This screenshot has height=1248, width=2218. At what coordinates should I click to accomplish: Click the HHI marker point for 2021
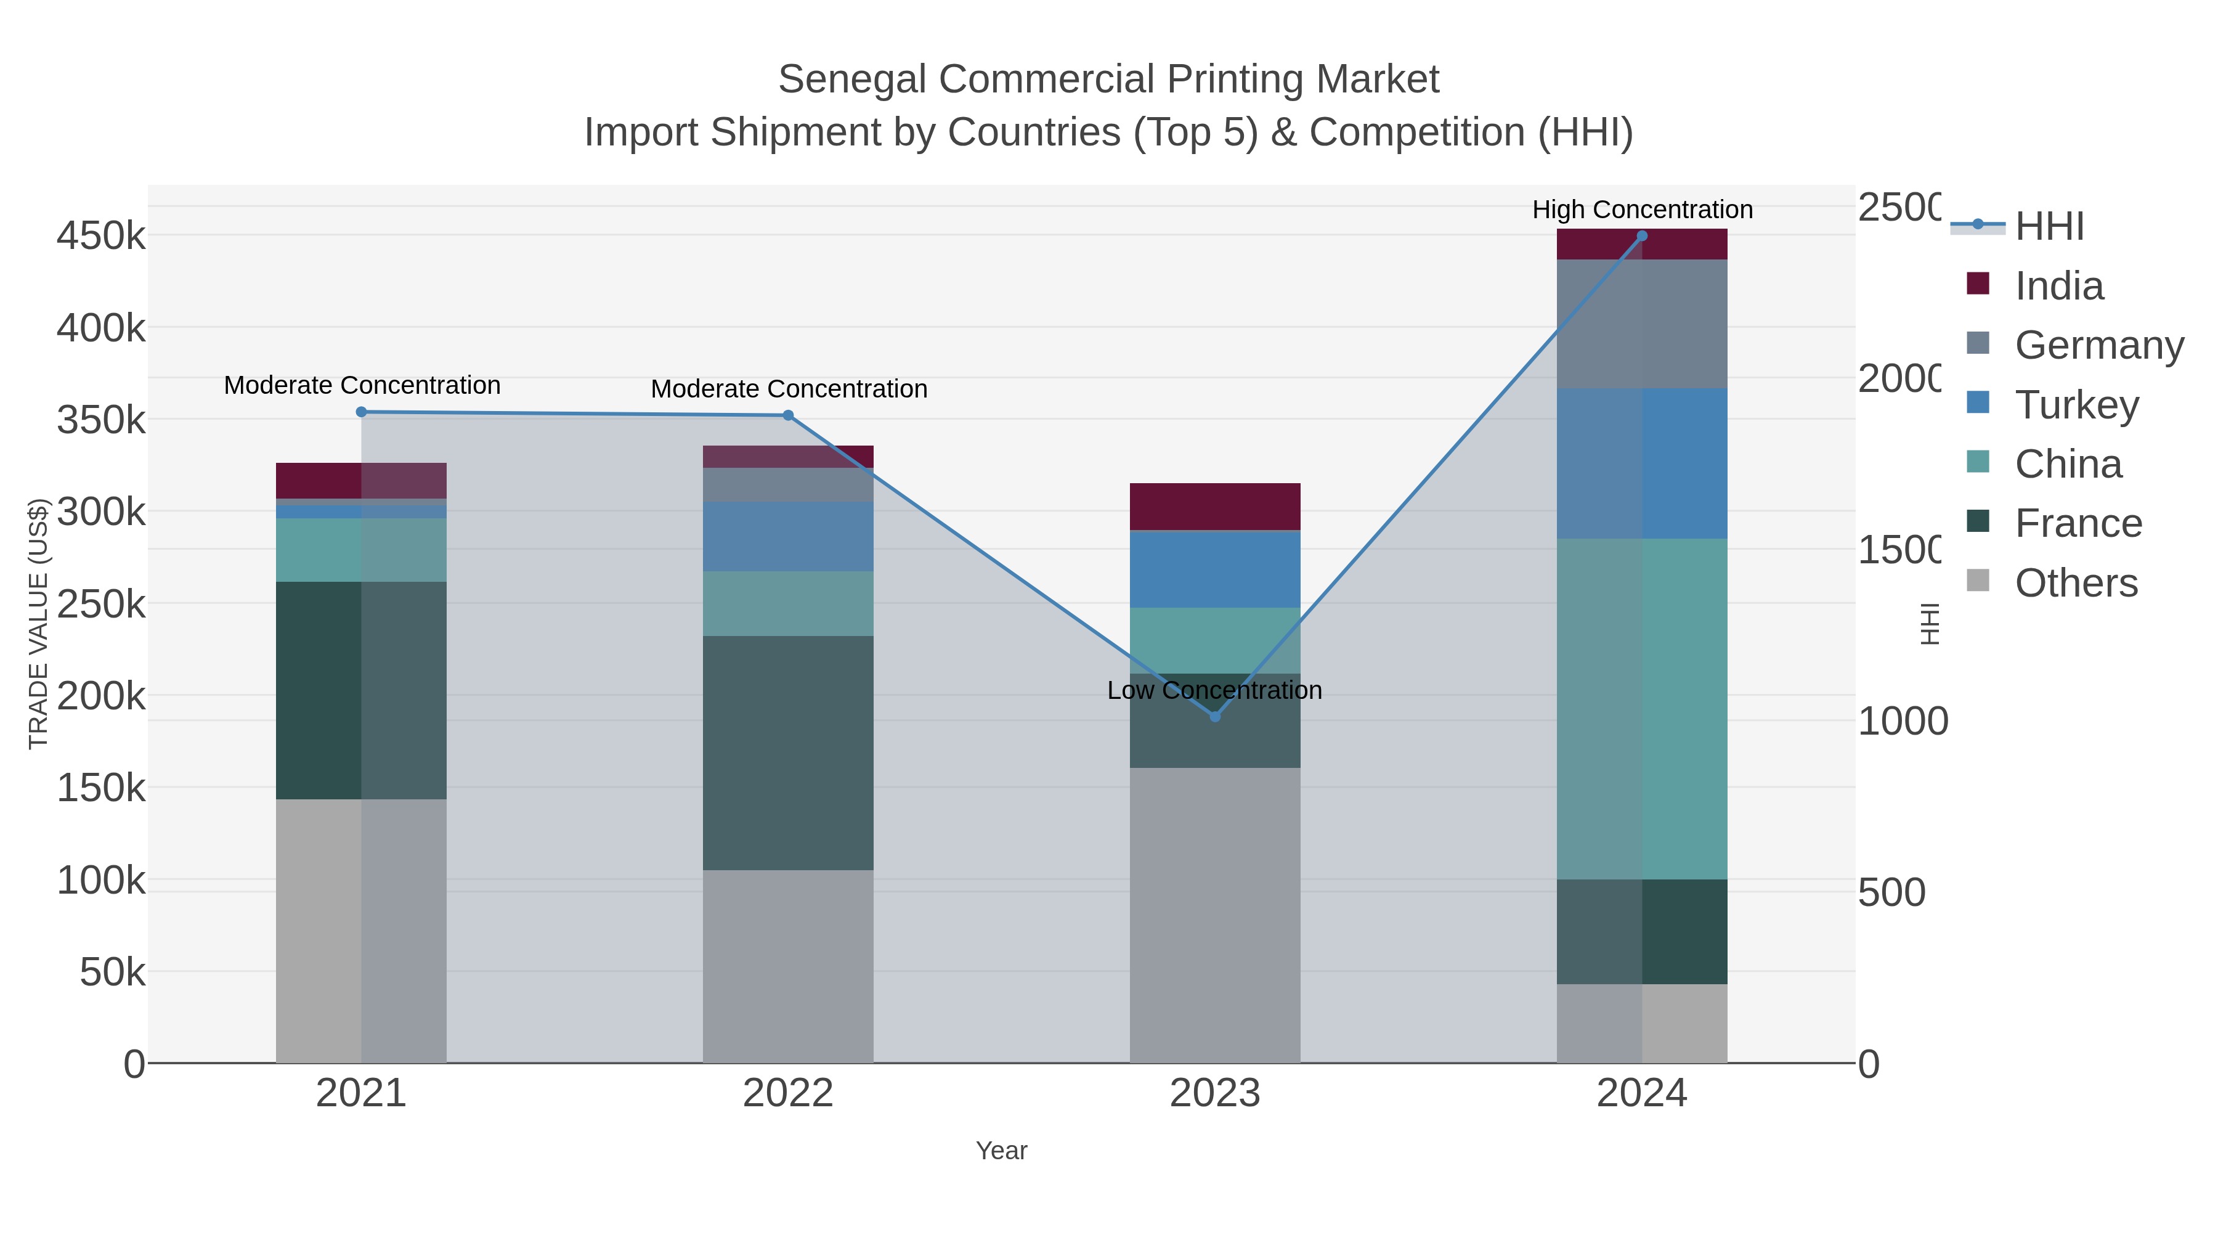tap(362, 412)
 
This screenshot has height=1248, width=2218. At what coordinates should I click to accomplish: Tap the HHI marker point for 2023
tap(1215, 717)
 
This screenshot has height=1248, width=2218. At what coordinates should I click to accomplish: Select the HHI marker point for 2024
tap(1641, 236)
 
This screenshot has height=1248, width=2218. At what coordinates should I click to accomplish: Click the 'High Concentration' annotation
tap(1642, 210)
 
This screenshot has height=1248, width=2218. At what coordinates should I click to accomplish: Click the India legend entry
tap(2058, 286)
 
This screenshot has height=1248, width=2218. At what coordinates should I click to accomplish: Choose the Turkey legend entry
tap(2076, 405)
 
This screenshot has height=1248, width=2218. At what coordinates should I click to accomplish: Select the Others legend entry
tap(2075, 583)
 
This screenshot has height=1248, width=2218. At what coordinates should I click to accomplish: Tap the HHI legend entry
tap(2049, 227)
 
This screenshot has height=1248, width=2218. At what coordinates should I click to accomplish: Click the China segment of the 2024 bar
tap(1642, 708)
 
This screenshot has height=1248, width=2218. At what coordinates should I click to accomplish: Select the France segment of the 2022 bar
tap(788, 752)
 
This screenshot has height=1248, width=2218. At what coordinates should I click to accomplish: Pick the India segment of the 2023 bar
tap(1215, 507)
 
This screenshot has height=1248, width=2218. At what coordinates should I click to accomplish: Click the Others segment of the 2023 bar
tap(1215, 915)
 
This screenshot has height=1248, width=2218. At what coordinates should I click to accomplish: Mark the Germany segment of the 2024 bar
tap(1642, 324)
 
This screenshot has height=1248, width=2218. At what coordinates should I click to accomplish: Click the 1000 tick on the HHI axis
tap(1902, 722)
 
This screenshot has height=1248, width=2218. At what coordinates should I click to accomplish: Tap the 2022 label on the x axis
tap(788, 1094)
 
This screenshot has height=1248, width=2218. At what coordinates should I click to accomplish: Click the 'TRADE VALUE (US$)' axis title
tap(39, 624)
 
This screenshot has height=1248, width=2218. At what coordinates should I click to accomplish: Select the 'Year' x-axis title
tap(1001, 1151)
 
